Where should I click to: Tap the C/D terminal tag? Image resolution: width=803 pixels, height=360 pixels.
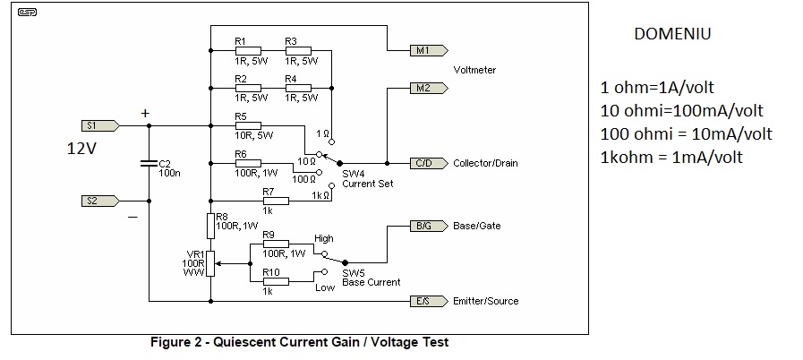pos(424,164)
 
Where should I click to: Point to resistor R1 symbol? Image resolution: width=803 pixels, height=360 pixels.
pos(248,51)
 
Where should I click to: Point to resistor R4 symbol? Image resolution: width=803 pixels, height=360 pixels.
pos(298,89)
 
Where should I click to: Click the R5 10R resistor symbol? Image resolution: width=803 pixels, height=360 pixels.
pos(248,126)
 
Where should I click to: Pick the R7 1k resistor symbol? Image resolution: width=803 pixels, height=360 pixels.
pos(276,201)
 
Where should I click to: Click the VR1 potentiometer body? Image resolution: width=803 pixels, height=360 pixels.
pos(210,264)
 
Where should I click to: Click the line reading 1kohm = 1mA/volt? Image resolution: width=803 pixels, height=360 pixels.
pos(671,157)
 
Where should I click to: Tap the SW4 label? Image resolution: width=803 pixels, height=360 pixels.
pos(352,173)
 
